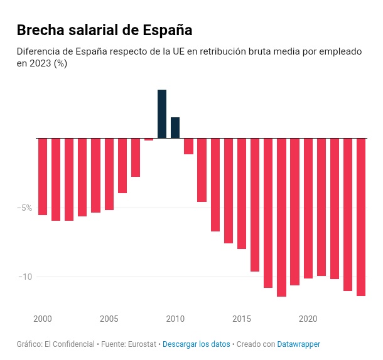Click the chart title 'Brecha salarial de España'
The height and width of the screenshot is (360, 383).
coord(104,30)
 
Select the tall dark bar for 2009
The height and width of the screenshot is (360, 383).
coord(162,114)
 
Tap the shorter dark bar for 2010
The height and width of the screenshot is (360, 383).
coord(175,127)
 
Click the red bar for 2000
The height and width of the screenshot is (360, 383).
coord(43,176)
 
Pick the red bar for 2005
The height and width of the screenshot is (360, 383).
coord(109,174)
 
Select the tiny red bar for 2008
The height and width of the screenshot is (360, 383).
coord(149,139)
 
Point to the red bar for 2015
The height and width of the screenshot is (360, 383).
coord(242,193)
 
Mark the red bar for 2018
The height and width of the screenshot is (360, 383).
coord(281,217)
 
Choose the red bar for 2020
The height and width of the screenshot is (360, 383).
coord(308,208)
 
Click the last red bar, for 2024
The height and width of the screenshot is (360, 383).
coord(361,216)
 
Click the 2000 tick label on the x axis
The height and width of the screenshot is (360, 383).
coord(43,319)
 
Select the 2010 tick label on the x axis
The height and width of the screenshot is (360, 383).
coord(175,319)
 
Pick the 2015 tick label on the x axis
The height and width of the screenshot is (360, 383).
coord(242,319)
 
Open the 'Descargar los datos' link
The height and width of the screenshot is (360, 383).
coord(196,344)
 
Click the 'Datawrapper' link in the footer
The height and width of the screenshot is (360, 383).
coord(299,344)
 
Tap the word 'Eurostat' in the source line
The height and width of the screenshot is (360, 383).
coord(143,344)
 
